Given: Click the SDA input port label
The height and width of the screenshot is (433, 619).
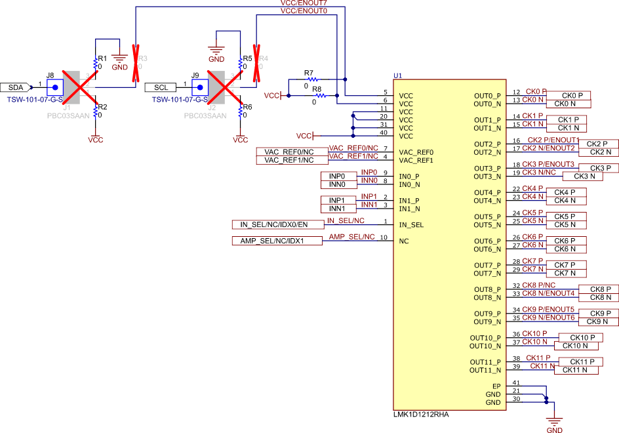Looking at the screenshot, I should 15,87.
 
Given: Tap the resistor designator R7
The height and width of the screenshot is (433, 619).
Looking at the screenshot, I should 309,72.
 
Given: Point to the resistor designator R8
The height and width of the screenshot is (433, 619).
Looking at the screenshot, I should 317,89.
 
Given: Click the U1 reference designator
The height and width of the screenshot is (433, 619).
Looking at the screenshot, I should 398,75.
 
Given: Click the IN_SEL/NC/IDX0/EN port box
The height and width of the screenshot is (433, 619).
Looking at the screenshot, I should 278,225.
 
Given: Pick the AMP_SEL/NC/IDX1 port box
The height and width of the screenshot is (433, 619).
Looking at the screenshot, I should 277,241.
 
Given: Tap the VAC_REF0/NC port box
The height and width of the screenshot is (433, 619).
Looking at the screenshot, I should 289,152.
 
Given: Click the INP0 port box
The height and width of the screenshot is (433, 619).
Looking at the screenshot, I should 337,176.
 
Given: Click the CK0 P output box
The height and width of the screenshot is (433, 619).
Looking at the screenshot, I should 568,96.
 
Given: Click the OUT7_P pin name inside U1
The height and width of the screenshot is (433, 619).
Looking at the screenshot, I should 487,265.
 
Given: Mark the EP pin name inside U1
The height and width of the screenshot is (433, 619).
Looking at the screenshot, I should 496,386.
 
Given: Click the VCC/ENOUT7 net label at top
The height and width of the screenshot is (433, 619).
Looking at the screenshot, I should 303,3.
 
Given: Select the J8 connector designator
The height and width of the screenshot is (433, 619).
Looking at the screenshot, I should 50,75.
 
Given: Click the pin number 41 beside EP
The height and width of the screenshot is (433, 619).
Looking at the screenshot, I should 516,383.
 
